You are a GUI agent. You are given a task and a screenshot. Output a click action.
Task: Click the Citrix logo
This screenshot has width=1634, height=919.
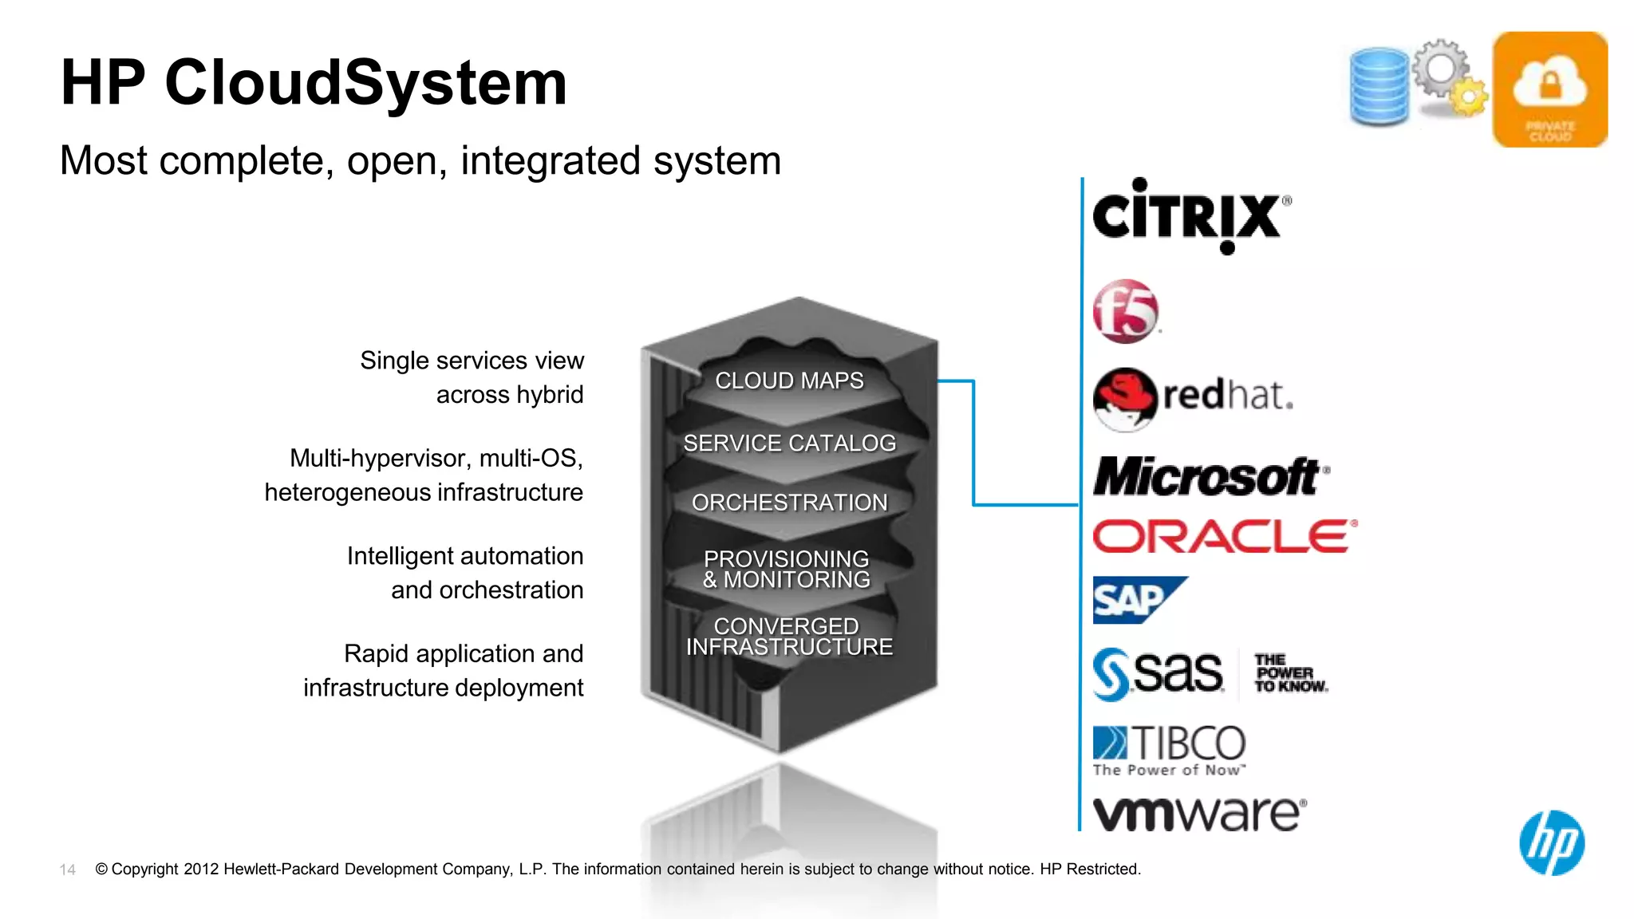click(x=1189, y=216)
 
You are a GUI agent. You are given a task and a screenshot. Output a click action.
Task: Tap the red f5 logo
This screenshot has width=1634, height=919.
click(x=1125, y=311)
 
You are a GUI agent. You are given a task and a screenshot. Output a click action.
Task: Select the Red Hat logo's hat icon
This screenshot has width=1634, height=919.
click(x=1124, y=398)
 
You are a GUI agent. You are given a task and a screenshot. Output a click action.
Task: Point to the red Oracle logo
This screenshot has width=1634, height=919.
click(x=1224, y=536)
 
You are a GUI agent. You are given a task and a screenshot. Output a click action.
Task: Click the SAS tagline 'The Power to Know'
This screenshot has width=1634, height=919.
click(x=1289, y=673)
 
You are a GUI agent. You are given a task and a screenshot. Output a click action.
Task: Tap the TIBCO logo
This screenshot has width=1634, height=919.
click(x=1169, y=749)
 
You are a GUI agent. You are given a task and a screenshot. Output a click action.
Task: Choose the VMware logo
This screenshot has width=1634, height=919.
click(x=1199, y=814)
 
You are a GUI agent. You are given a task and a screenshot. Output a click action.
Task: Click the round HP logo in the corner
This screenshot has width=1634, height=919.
click(x=1552, y=842)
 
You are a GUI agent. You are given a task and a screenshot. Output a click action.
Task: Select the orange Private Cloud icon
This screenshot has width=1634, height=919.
click(x=1549, y=89)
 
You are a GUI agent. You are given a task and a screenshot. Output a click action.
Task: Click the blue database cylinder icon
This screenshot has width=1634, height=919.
click(x=1379, y=86)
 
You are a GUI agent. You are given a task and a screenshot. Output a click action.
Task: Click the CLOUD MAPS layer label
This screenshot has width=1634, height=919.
click(x=789, y=381)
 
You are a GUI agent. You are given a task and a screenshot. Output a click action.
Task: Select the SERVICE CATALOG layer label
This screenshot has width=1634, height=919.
click(x=789, y=443)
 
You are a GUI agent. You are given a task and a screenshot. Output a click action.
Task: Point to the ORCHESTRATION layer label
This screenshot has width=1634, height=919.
click(x=789, y=503)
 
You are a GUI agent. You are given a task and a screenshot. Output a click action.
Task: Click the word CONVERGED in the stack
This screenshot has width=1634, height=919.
click(x=786, y=626)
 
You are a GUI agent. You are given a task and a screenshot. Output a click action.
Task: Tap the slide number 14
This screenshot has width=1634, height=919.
click(x=68, y=870)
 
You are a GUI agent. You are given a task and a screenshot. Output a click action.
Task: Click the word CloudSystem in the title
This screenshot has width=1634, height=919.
click(x=365, y=82)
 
